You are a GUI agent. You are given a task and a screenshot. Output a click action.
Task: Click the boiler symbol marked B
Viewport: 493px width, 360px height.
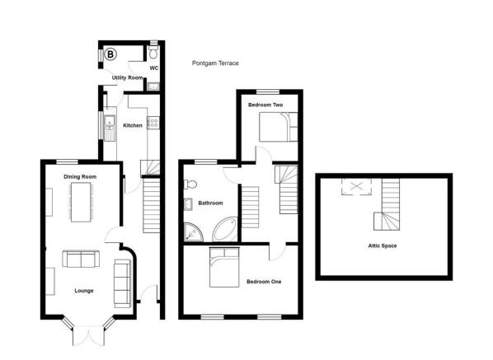(x=110, y=54)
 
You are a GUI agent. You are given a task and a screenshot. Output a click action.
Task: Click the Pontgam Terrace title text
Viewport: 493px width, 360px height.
(x=215, y=63)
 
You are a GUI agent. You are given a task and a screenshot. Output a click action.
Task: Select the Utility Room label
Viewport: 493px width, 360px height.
(x=127, y=77)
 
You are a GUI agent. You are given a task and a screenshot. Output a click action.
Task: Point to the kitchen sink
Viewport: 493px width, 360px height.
(x=110, y=124)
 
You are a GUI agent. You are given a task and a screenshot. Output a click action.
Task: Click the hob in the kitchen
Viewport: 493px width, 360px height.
(x=153, y=123)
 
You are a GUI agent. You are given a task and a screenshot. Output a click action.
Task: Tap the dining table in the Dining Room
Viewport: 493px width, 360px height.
(x=81, y=203)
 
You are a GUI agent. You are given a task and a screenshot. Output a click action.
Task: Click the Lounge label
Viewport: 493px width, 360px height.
(x=84, y=291)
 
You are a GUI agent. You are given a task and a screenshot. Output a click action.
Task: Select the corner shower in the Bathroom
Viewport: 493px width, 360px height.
(x=193, y=232)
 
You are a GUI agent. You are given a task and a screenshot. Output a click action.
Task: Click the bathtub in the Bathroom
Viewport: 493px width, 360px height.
(x=224, y=230)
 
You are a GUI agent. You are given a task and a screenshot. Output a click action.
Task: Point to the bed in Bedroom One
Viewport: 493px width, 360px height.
(x=224, y=267)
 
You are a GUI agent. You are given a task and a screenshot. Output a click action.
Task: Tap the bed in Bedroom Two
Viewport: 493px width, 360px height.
(x=279, y=127)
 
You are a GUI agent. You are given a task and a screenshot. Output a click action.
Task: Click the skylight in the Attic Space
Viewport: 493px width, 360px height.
(x=356, y=187)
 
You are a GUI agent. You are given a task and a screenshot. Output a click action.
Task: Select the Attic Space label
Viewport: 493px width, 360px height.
(x=383, y=245)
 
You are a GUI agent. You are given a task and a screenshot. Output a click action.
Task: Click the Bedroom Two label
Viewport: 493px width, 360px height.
(x=265, y=105)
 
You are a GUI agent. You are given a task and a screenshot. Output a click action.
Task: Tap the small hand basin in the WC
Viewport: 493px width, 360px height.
(x=153, y=86)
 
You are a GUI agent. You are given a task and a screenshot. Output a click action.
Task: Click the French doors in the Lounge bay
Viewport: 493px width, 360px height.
(x=88, y=336)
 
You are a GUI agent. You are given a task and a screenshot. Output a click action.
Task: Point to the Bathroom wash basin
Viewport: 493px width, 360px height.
(x=188, y=204)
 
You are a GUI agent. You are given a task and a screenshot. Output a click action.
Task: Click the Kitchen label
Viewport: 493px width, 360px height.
(x=133, y=125)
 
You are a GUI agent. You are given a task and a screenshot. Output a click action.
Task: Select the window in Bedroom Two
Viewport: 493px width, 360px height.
(x=268, y=91)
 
